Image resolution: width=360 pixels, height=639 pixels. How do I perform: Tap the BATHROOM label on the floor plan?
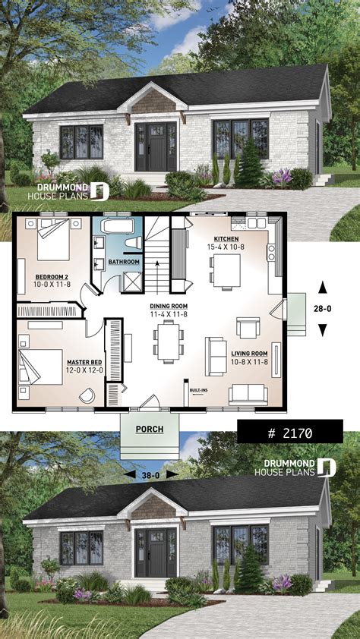tap(124, 262)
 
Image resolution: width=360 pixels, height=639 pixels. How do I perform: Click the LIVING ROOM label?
tap(248, 353)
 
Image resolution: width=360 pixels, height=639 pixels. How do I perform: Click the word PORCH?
tap(150, 429)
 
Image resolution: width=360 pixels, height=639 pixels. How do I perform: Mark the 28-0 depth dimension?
tap(322, 308)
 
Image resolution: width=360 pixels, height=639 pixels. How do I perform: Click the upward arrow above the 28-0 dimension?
tap(322, 287)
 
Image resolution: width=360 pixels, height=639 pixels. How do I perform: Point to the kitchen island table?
tap(226, 271)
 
